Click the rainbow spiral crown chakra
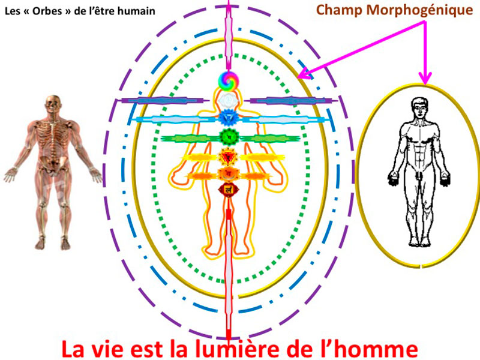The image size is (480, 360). [228, 81]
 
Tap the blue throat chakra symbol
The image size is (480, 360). [228, 118]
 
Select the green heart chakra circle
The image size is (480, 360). [229, 137]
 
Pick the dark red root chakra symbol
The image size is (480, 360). [229, 190]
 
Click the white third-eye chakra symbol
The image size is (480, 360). [228, 99]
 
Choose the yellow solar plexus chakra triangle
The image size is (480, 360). [228, 157]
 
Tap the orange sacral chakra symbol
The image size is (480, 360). [228, 174]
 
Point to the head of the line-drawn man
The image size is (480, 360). [419, 108]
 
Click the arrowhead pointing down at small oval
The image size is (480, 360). [425, 79]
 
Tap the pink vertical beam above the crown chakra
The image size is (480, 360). [228, 35]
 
